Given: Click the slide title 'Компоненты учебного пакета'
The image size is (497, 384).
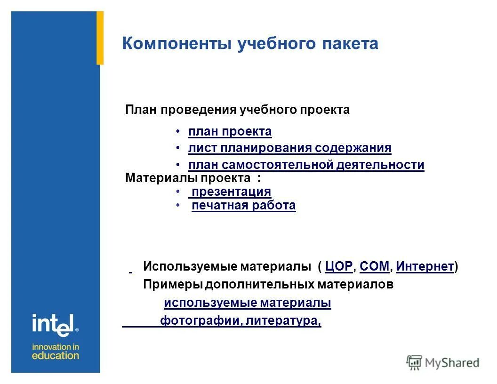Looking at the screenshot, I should [250, 44].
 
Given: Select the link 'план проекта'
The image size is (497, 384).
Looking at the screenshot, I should [230, 132].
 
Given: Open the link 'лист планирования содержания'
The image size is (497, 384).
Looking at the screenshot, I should [289, 148].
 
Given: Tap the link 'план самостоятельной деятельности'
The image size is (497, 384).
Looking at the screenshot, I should [306, 165].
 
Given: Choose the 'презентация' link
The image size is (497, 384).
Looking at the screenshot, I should [231, 192].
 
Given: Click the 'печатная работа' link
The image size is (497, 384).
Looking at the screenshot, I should [243, 206].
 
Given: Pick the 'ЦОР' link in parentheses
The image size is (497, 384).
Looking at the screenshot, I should [338, 267].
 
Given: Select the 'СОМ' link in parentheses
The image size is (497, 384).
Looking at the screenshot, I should [374, 267].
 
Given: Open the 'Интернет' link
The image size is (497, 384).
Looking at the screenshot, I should [425, 267].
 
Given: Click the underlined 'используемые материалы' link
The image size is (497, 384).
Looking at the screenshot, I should [247, 303].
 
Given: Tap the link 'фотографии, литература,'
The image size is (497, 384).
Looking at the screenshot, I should [240, 321].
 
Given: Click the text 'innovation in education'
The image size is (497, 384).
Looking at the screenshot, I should [55, 351].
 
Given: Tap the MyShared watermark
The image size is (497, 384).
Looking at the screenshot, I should [443, 362].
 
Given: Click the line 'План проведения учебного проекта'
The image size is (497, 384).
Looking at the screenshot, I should [237, 110].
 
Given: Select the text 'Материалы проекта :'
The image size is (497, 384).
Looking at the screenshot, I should [192, 178].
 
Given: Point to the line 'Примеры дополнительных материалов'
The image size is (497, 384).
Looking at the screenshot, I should [268, 285].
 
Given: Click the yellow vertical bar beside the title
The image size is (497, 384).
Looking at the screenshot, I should [100, 38].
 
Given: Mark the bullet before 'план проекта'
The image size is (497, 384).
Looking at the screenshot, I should [178, 132].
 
